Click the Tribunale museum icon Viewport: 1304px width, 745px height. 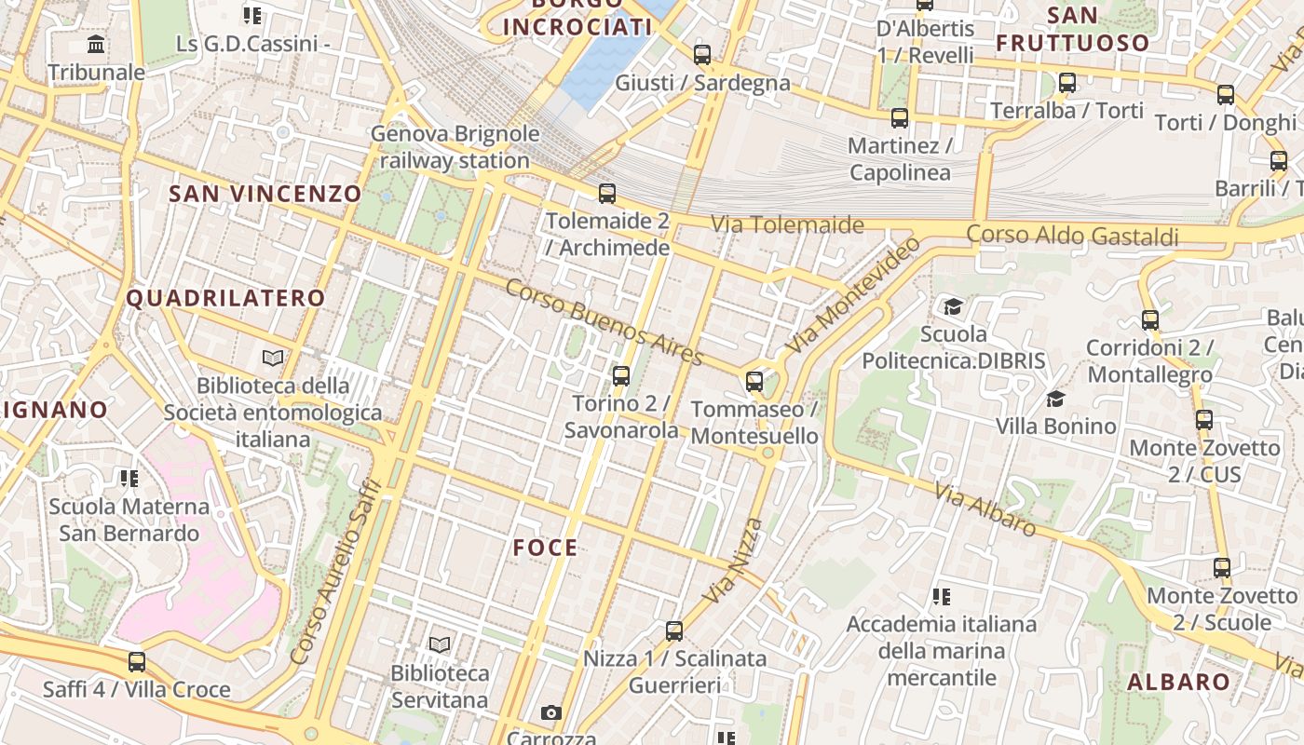point(96,45)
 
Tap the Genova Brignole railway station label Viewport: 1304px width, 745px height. point(455,147)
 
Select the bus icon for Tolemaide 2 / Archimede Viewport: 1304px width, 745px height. point(607,194)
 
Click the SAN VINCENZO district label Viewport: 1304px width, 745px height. point(265,194)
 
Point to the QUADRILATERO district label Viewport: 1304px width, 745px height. point(225,299)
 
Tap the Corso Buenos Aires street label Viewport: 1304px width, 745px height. point(604,322)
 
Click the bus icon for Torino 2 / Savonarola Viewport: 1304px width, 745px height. point(621,376)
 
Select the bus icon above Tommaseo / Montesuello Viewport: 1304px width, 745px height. point(754,382)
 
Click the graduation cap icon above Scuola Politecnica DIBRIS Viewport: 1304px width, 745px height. point(953,307)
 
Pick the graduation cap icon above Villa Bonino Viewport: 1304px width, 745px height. point(1055,400)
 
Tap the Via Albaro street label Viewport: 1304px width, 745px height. point(986,510)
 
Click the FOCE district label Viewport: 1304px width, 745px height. point(546,549)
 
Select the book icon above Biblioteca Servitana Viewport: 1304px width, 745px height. point(440,644)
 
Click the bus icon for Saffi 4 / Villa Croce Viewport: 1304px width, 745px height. point(137,662)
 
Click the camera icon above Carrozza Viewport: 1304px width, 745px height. point(551,713)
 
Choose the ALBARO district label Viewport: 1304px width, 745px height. point(1178,682)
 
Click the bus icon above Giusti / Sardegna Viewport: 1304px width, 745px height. point(702,55)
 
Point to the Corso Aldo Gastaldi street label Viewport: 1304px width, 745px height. point(1072,236)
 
